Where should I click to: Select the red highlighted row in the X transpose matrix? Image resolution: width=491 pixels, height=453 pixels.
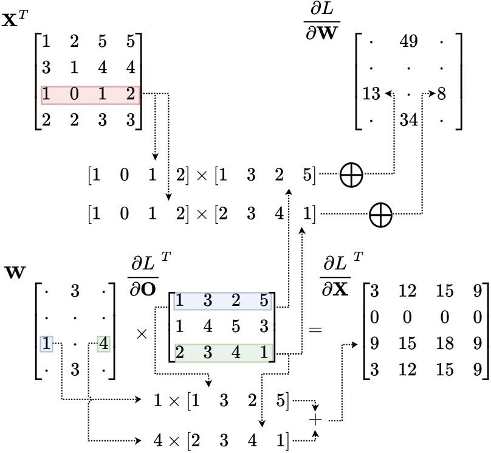[91, 95]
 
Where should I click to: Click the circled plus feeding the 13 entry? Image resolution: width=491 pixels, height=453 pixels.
[352, 175]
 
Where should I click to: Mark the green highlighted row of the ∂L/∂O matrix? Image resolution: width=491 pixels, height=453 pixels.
[222, 353]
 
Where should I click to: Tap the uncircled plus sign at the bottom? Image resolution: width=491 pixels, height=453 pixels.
[315, 420]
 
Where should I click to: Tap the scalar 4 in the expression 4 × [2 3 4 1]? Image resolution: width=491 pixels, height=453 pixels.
[160, 438]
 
